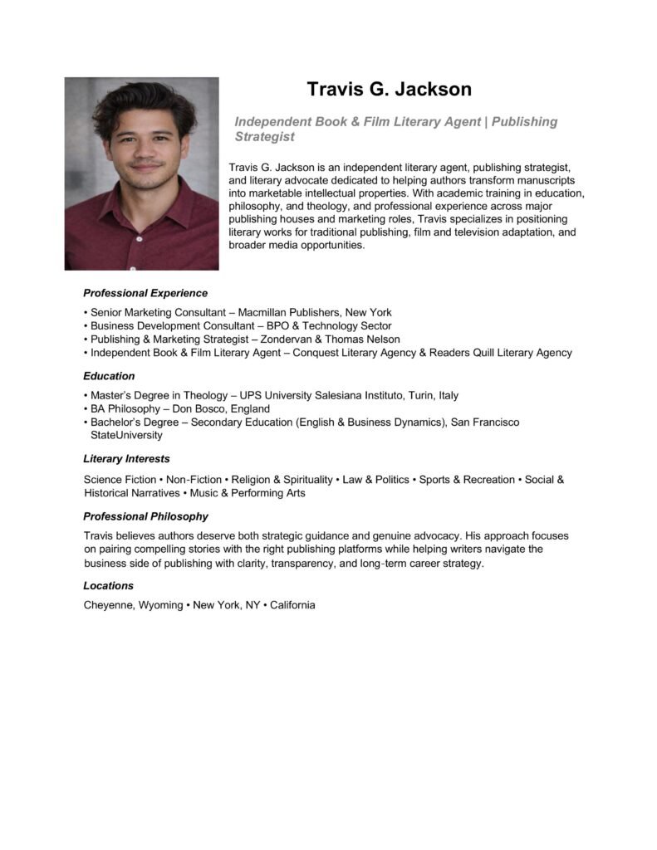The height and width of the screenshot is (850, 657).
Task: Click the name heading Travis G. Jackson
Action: pyautogui.click(x=389, y=89)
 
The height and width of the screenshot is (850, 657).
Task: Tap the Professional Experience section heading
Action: pyautogui.click(x=145, y=293)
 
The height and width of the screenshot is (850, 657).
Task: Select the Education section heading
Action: pyautogui.click(x=109, y=376)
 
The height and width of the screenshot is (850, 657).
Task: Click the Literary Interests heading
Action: pyautogui.click(x=126, y=458)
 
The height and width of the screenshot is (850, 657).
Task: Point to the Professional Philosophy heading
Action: pyautogui.click(x=145, y=516)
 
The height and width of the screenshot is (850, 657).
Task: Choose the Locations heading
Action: pyautogui.click(x=108, y=585)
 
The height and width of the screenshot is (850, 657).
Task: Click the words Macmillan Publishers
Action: pyautogui.click(x=288, y=312)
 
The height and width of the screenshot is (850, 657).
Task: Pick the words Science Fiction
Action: pyautogui.click(x=120, y=480)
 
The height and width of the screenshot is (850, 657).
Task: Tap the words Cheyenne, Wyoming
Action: pyautogui.click(x=133, y=605)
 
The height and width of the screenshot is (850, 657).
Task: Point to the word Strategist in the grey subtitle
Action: pyautogui.click(x=265, y=136)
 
